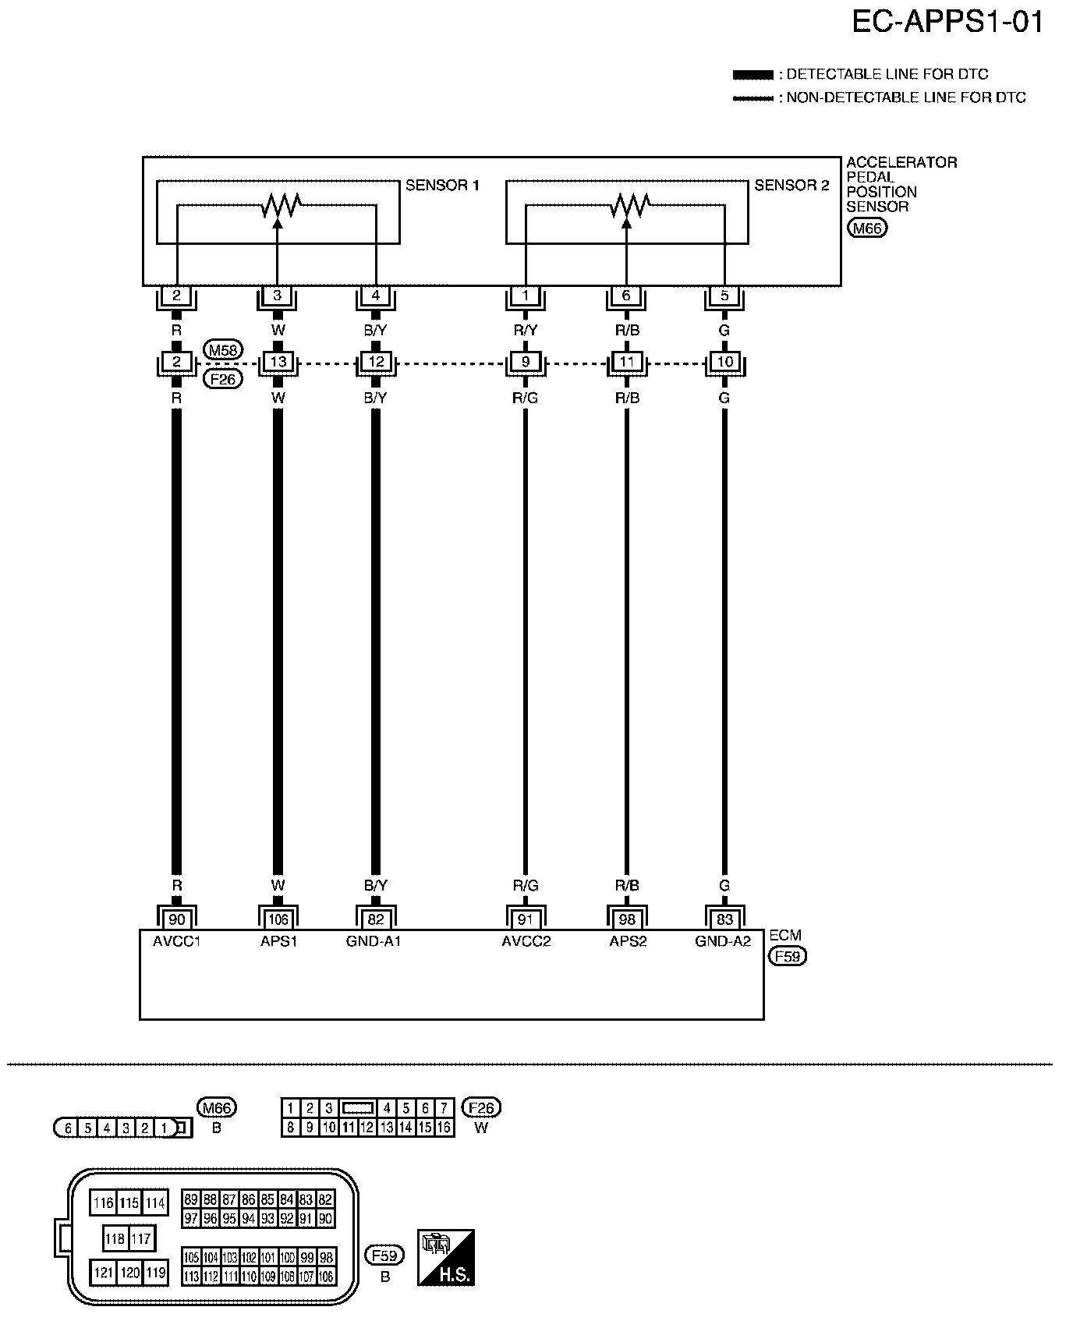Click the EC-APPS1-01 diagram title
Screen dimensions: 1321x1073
pos(947,23)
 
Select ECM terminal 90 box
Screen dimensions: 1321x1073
pos(177,919)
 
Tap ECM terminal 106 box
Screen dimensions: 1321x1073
pos(278,919)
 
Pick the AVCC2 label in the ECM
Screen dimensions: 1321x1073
pos(526,941)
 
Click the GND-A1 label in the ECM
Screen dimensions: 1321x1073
pos(374,941)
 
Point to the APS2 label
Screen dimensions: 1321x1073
pos(628,941)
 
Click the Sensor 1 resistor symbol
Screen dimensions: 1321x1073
pos(281,206)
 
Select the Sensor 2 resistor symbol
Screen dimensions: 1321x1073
pos(629,206)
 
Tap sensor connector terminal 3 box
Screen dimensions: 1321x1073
pos(278,296)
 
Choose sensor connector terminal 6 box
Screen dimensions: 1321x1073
pos(626,296)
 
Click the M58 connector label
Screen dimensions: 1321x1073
pos(222,349)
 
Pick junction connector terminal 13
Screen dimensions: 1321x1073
pos(278,362)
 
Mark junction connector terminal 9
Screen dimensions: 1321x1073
pos(526,362)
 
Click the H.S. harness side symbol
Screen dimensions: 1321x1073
pos(446,1258)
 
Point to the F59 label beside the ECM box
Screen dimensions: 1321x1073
pos(787,956)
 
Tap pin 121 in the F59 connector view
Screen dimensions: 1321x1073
pos(103,1273)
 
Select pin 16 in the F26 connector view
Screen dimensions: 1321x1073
pos(444,1127)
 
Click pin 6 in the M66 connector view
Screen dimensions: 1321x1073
pos(69,1128)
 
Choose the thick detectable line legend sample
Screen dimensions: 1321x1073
pos(753,75)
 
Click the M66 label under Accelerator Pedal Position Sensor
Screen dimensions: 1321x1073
pos(866,228)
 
